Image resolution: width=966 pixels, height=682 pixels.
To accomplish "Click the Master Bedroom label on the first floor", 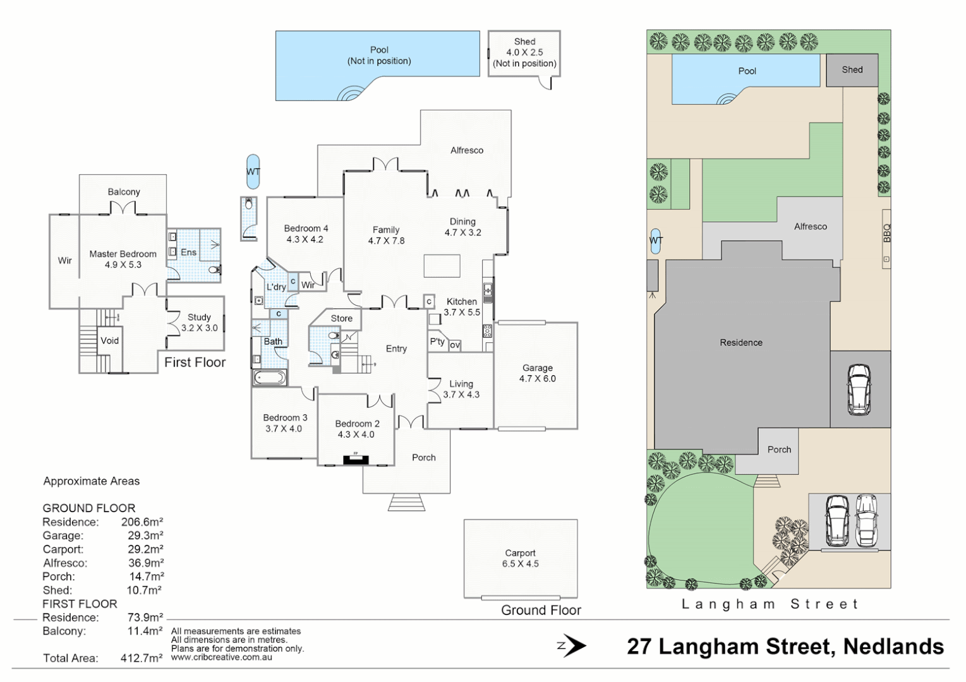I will point(123,259).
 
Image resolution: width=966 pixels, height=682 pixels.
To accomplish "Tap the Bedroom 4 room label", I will point(305,234).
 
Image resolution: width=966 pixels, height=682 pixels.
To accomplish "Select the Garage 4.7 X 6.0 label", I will point(537,373).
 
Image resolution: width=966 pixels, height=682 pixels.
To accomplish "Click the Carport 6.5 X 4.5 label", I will point(520,558).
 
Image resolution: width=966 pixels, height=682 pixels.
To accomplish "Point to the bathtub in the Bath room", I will point(270,378).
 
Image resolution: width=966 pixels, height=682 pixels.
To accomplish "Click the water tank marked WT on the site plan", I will point(656,241).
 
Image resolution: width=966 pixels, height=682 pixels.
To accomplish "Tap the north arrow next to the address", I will point(572,645).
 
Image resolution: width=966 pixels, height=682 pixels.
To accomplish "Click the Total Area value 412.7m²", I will point(141,658).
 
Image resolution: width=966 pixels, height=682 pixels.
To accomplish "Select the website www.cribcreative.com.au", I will point(221,657).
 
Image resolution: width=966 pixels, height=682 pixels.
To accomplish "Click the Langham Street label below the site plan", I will point(770,604).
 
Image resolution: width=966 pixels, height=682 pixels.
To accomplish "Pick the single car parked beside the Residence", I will point(859,390).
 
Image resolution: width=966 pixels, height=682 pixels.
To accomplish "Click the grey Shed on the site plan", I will point(852,70).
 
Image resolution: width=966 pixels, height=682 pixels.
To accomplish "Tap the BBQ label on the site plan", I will point(886,232).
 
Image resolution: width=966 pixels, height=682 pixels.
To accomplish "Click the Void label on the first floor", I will point(109,340).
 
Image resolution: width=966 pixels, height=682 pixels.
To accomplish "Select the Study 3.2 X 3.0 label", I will point(199,323).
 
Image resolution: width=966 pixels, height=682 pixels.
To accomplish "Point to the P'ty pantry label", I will point(437,342).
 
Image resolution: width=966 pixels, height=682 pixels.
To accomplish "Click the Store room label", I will point(341,318).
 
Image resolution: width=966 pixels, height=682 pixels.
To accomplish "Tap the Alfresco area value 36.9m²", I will point(145,563).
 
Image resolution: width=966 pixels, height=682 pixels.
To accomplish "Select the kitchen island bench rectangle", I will point(442,265).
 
